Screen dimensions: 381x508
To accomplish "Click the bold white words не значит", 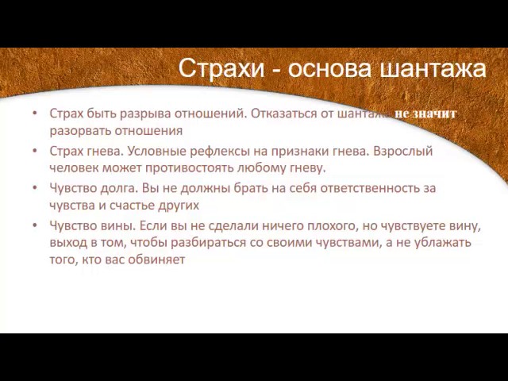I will point(425,114).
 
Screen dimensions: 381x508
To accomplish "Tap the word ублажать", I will point(445,242).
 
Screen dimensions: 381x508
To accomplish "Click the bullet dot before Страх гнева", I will point(35,150).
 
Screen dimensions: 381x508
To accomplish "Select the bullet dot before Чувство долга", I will point(35,188).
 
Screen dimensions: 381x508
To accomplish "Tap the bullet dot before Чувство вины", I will point(35,225).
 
